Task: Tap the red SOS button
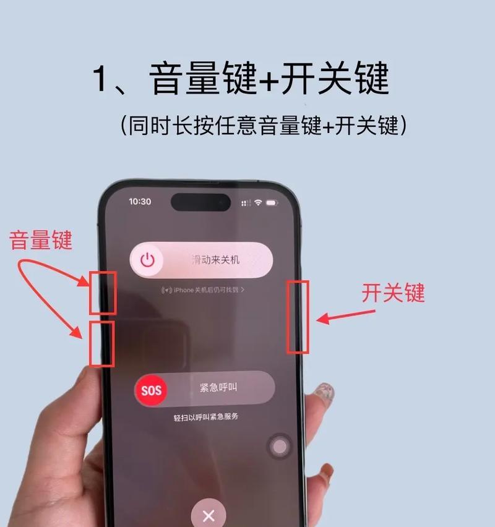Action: click(151, 390)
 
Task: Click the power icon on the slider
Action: click(147, 260)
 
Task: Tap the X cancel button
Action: click(209, 515)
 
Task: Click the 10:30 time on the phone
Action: click(140, 202)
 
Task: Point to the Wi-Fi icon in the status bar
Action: click(258, 202)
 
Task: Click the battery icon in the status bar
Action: click(272, 203)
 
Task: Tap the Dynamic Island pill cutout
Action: click(200, 202)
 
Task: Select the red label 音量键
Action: click(41, 240)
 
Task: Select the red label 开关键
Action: click(393, 293)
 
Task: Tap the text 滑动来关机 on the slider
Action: click(215, 260)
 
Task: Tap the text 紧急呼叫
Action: click(218, 388)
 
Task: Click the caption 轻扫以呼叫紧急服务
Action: click(206, 417)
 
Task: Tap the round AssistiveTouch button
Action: click(280, 447)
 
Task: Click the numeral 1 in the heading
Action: click(100, 78)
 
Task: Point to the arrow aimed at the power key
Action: click(346, 316)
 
